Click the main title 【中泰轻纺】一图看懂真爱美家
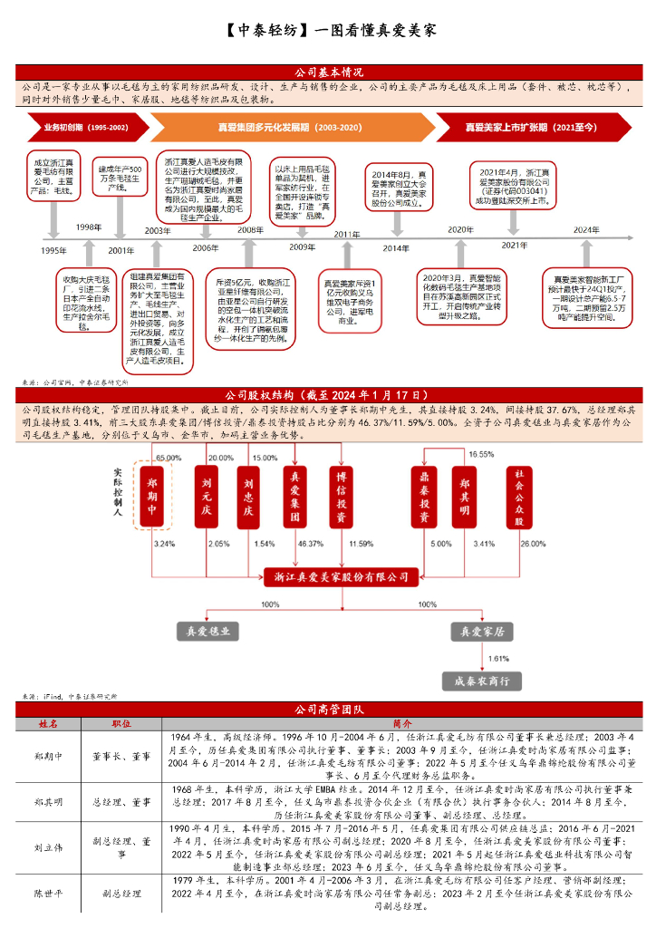click(x=329, y=29)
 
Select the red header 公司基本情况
click(x=329, y=72)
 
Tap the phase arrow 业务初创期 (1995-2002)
click(x=80, y=128)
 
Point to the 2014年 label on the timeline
click(x=395, y=247)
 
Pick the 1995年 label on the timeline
click(x=54, y=250)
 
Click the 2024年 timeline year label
click(x=586, y=230)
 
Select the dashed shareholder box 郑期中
click(x=151, y=495)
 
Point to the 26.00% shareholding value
click(x=533, y=544)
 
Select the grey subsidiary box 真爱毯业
click(x=207, y=632)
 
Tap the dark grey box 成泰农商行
click(x=481, y=681)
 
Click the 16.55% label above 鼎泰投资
click(x=480, y=453)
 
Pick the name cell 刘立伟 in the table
click(x=47, y=848)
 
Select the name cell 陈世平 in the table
click(x=47, y=893)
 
